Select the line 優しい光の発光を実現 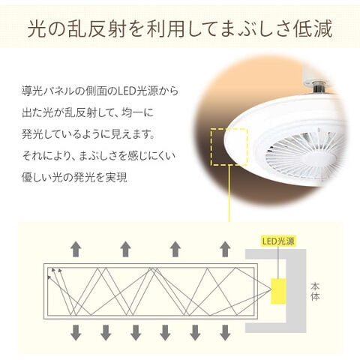(74, 178)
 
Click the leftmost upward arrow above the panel (76, 249)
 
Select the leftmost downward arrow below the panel (75, 331)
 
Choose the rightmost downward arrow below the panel (225, 331)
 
